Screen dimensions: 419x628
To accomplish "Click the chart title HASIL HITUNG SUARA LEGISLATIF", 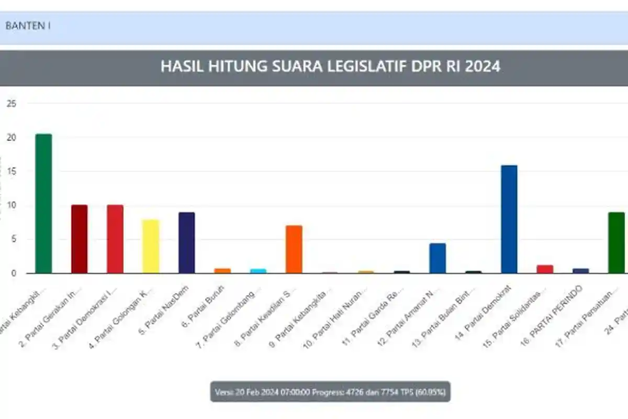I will click(330, 67).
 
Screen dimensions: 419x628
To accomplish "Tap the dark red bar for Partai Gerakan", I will click(80, 239).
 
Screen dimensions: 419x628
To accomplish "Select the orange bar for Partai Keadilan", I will click(294, 249).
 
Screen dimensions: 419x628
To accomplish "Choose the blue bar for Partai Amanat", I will click(438, 258).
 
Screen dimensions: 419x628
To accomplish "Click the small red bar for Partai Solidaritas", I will click(545, 269).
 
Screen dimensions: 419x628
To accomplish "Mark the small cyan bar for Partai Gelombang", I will click(258, 271).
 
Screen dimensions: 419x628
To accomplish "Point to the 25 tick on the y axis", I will click(11, 104).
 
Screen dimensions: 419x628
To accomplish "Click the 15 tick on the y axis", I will click(11, 171).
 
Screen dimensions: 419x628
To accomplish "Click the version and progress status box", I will click(330, 392).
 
